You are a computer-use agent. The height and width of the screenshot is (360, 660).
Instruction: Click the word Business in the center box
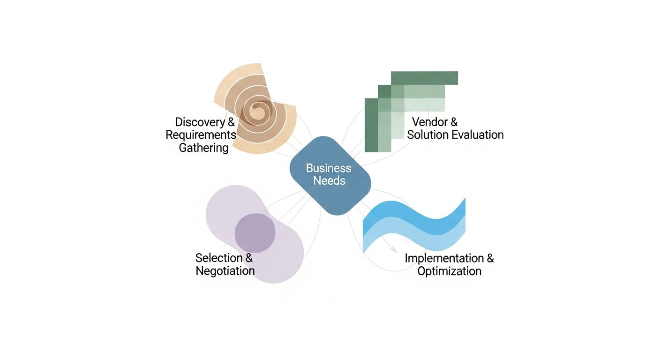click(x=328, y=168)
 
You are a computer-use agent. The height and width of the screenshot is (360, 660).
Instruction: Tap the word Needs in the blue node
click(x=329, y=181)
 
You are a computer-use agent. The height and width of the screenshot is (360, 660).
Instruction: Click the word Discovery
click(x=200, y=122)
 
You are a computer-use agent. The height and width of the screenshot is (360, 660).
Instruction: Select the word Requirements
click(x=201, y=135)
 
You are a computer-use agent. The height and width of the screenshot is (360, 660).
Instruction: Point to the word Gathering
click(x=204, y=148)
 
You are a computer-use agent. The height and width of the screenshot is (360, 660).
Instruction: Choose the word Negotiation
click(x=225, y=271)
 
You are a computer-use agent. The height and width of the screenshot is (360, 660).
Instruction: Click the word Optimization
click(x=449, y=271)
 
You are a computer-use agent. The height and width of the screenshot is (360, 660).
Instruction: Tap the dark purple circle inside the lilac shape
click(x=255, y=232)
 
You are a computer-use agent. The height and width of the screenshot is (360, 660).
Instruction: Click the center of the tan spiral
click(x=257, y=112)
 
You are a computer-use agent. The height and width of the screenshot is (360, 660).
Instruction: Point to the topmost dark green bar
click(x=424, y=78)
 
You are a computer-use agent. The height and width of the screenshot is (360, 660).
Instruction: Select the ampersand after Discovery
click(x=231, y=122)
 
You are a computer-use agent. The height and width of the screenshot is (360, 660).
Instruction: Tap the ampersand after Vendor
click(x=453, y=122)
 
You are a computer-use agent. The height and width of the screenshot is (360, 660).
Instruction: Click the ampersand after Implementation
click(x=490, y=258)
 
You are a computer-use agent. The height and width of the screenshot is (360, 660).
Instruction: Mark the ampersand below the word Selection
click(x=249, y=258)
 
